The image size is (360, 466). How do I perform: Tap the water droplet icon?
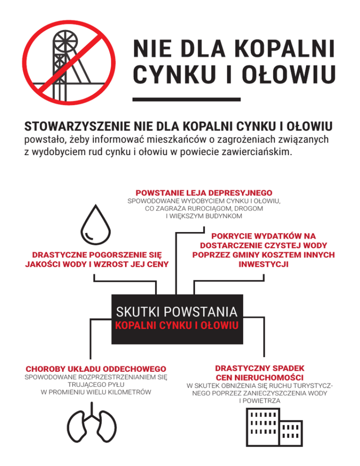(95, 225)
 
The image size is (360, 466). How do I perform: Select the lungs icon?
(96, 427)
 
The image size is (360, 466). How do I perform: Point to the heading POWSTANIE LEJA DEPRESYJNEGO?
(204, 193)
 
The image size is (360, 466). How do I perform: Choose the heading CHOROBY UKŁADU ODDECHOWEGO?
(96, 368)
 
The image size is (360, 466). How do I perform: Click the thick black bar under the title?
(187, 99)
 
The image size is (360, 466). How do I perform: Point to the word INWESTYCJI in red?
(263, 264)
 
